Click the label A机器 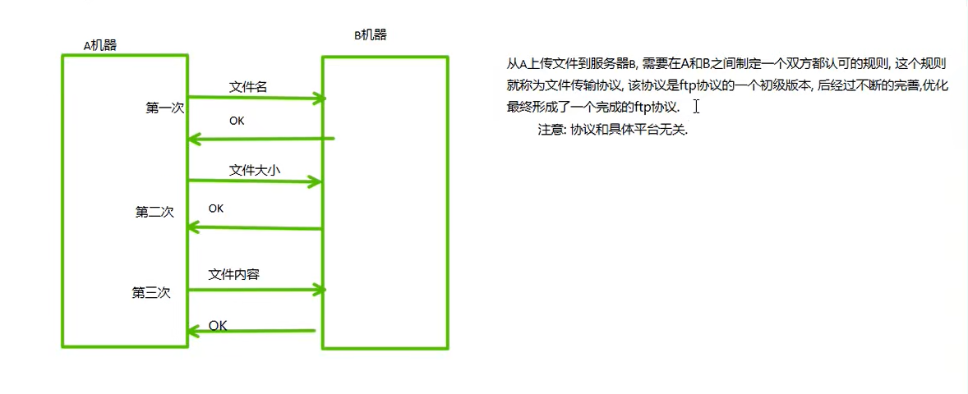[x=100, y=45]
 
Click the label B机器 [x=370, y=34]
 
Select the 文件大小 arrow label [x=255, y=171]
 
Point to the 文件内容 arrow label [x=234, y=274]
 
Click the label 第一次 [x=164, y=108]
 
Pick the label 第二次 [x=154, y=212]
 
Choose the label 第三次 [x=151, y=292]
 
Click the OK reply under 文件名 [x=237, y=121]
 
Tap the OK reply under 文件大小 [x=216, y=208]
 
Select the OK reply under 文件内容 [x=218, y=326]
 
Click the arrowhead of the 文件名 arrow [x=319, y=98]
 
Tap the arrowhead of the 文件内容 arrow [x=319, y=289]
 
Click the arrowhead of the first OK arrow [x=194, y=139]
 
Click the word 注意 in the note [x=551, y=130]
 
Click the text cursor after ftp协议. [x=696, y=107]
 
